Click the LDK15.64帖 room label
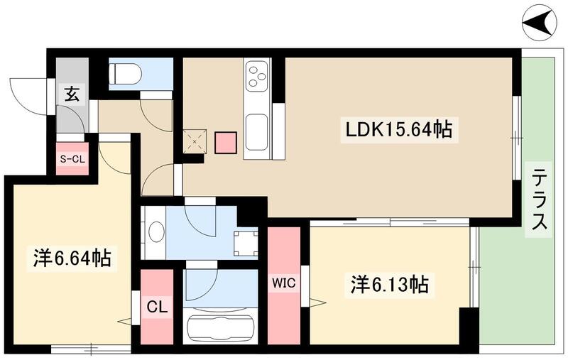tap(398, 130)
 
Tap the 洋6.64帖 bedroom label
tap(70, 258)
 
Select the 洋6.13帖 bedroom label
tap(388, 285)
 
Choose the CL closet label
tap(156, 308)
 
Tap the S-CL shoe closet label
tap(71, 159)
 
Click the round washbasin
tap(156, 232)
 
